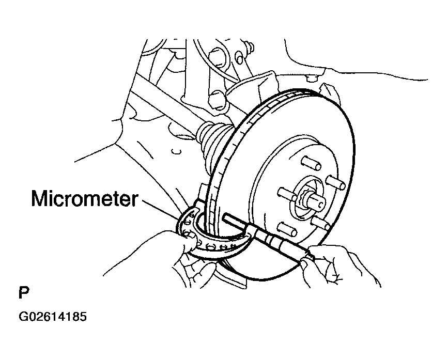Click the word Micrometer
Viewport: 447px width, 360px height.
coord(85,198)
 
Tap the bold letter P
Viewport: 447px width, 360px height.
coord(24,293)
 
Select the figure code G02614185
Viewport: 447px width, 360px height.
coord(53,317)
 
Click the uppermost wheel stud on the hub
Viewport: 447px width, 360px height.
coord(311,163)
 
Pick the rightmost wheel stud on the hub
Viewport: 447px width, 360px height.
coord(336,182)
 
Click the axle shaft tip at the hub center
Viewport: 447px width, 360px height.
coord(316,201)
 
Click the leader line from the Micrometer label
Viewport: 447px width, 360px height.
coord(161,210)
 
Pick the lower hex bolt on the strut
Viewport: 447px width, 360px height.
coord(218,100)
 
